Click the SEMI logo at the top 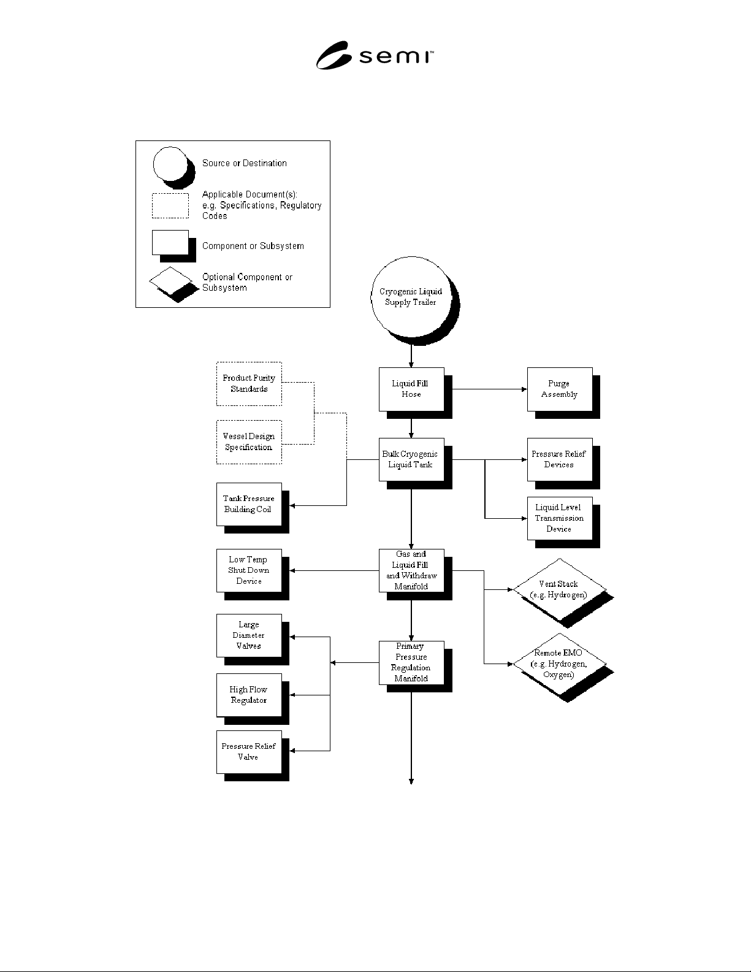(x=375, y=55)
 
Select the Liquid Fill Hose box (x=412, y=389)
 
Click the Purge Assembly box (x=560, y=389)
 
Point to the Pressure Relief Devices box (x=560, y=459)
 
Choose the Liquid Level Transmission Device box (x=560, y=518)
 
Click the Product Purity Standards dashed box (x=249, y=384)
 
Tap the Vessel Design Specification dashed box (x=249, y=442)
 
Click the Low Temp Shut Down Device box (x=249, y=570)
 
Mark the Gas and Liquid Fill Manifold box (x=412, y=570)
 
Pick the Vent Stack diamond (x=560, y=589)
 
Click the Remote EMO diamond (x=560, y=664)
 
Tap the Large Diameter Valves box (x=249, y=635)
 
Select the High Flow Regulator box (x=249, y=695)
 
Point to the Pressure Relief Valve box (x=249, y=752)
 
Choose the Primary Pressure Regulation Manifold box (x=412, y=662)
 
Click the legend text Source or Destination (x=245, y=163)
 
